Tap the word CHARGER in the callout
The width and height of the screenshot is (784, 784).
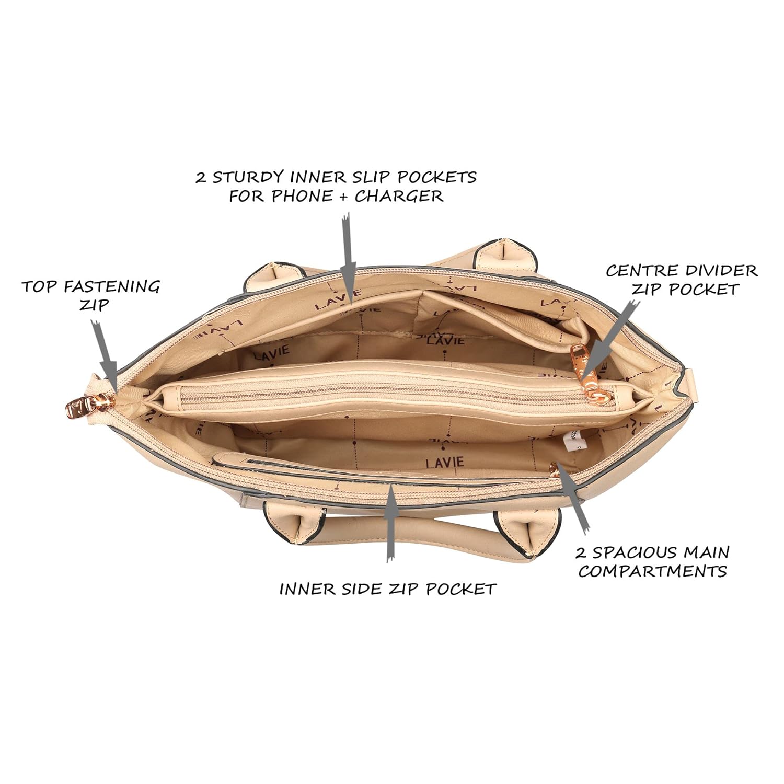tap(399, 196)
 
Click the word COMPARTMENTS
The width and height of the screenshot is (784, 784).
tap(652, 571)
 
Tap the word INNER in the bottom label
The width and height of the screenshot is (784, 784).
tap(303, 589)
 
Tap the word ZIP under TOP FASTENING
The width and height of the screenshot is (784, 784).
tap(94, 305)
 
